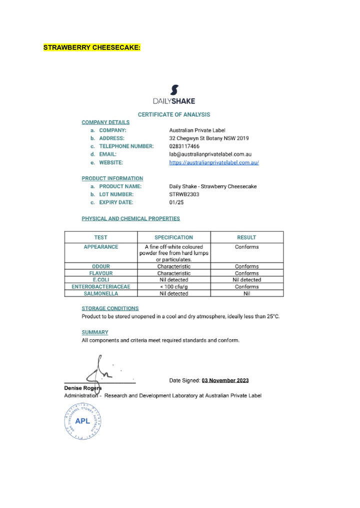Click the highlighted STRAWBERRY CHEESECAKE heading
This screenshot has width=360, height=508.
92,48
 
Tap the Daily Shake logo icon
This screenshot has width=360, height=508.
174,90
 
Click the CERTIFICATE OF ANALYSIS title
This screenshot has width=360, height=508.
174,114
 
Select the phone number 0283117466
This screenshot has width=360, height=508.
184,146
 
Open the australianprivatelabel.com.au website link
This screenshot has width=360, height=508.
214,162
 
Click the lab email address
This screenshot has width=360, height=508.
210,154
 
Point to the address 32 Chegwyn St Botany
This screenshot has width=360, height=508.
209,138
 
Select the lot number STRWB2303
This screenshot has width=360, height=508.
184,194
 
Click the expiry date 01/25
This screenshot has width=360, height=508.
177,202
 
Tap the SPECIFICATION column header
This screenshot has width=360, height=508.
173,237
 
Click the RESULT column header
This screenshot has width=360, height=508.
246,237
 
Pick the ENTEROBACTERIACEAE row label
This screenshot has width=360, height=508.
101,287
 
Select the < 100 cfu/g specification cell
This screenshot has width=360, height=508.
173,287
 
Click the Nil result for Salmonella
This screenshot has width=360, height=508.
246,294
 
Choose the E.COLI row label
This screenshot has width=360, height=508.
101,280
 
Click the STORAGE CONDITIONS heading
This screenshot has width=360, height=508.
110,308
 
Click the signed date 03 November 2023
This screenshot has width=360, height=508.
225,380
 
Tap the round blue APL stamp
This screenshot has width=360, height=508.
83,421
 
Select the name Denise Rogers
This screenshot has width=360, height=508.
83,388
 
